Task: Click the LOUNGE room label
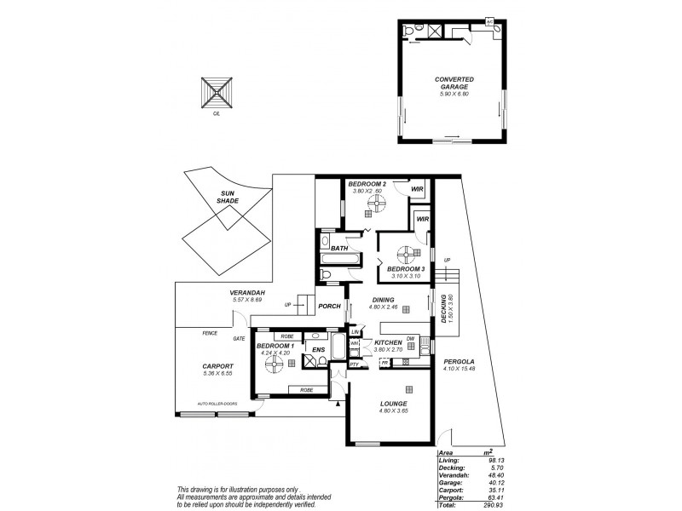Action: pyautogui.click(x=393, y=404)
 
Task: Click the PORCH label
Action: pyautogui.click(x=329, y=307)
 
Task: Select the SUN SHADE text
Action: pyautogui.click(x=227, y=196)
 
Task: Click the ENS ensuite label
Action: pyautogui.click(x=317, y=349)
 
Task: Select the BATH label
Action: pyautogui.click(x=340, y=248)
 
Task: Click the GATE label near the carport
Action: pyautogui.click(x=240, y=338)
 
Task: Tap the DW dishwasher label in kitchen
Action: pyautogui.click(x=411, y=337)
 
